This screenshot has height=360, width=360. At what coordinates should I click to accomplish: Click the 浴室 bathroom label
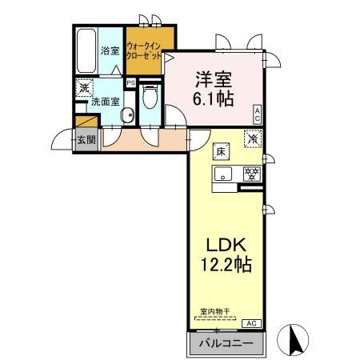110,51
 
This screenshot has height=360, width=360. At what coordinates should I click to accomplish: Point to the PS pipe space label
130,82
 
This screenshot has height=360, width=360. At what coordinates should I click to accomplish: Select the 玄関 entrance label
86,139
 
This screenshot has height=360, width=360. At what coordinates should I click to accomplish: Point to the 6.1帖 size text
214,100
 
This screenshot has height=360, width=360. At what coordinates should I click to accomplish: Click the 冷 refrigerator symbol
253,138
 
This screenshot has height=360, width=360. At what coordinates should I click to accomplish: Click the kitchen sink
224,174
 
